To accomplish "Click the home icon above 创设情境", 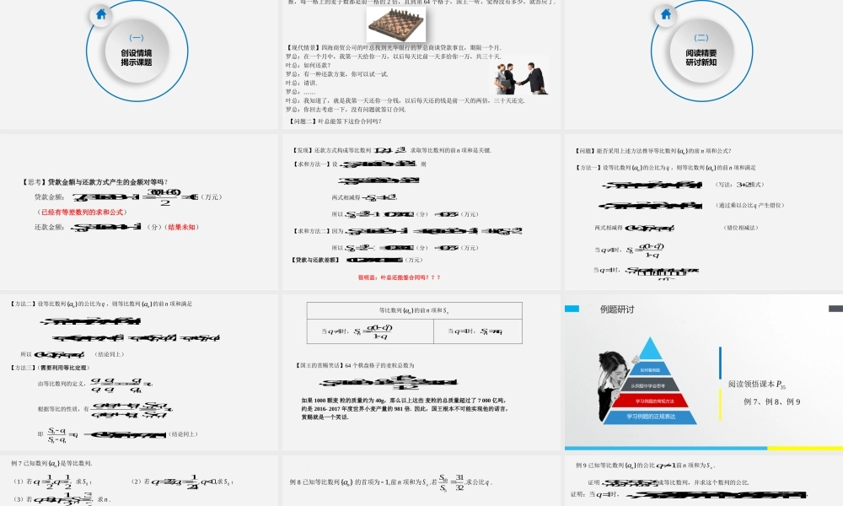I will (101, 13).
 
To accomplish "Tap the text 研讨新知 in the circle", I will (701, 62).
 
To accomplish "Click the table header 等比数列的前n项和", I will (414, 310).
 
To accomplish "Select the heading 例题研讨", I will (616, 310).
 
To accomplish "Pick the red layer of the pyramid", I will (650, 401).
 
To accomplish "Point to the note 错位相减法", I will (740, 228).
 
